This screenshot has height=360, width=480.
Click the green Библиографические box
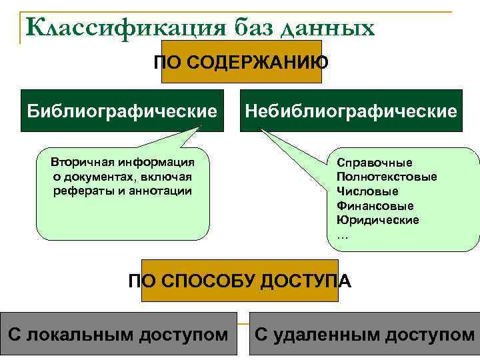123,110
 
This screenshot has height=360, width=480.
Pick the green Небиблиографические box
351,110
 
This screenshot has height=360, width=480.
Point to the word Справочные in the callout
375,163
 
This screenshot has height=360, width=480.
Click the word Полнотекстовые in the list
387,177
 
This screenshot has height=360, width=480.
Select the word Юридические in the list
378,220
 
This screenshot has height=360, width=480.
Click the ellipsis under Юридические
343,235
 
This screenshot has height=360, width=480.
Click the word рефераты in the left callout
78,191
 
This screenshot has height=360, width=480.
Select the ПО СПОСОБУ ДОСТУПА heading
239,281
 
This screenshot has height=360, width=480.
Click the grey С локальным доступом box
119,334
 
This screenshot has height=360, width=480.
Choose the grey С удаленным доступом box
364,334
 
